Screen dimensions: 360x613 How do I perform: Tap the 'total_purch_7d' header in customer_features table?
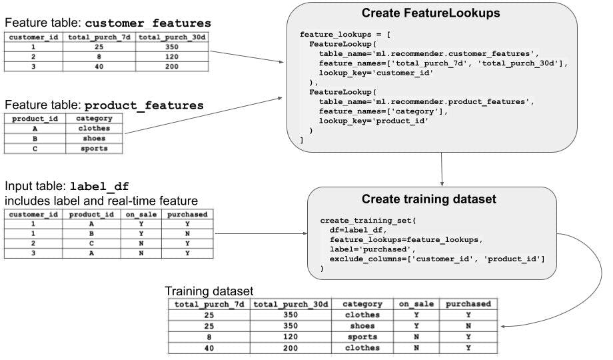[99, 37]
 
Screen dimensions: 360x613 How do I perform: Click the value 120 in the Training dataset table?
[291, 337]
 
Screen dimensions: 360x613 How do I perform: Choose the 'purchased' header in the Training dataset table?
[468, 304]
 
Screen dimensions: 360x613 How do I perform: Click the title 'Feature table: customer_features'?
[104, 23]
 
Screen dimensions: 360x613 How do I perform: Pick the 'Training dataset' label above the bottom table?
[209, 291]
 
